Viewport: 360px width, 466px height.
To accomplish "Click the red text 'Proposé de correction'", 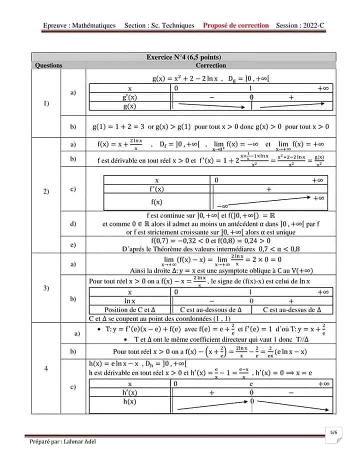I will (x=236, y=25).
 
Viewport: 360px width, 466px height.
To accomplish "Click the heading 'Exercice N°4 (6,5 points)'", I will (x=183, y=57).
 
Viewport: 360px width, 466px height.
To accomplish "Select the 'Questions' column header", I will (x=49, y=65).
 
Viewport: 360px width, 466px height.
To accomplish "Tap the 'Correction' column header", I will (x=210, y=65).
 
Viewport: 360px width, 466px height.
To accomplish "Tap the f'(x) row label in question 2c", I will (x=157, y=189).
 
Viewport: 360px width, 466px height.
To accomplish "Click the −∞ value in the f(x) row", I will (x=223, y=205).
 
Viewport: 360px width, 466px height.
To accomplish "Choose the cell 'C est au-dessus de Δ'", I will (x=291, y=310).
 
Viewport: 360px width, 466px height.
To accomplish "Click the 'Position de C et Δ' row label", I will (x=130, y=310).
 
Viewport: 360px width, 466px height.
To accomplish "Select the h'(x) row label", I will (x=129, y=392).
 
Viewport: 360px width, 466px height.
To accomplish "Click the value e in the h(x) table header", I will (x=252, y=383).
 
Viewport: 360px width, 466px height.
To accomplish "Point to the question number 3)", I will (x=46, y=288).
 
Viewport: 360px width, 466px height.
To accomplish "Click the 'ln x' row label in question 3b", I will (x=130, y=301).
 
